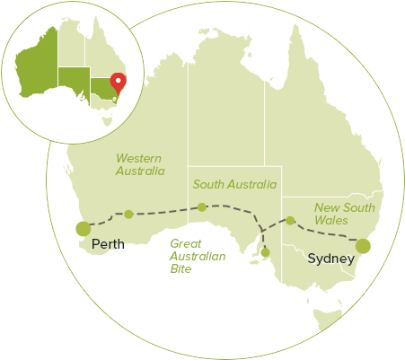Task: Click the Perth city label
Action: point(109,243)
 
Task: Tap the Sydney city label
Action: point(331,259)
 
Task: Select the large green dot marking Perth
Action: point(84,229)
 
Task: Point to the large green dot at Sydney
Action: point(363,245)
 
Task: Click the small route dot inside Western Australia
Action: point(128,215)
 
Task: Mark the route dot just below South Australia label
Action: point(202,208)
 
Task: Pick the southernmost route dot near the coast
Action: point(265,252)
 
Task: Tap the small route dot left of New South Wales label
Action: point(290,220)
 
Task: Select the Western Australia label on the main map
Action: point(141,164)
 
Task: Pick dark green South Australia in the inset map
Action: point(74,79)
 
